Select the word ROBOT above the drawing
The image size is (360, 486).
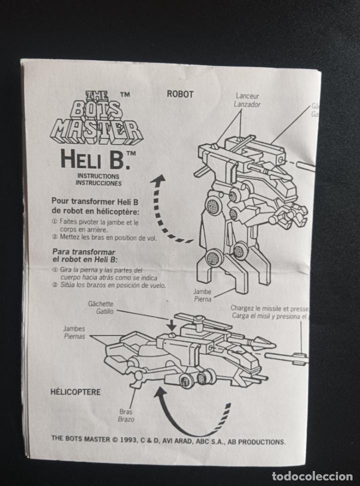point(180,94)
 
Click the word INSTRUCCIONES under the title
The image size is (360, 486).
point(98,183)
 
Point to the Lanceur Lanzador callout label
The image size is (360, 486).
point(247,101)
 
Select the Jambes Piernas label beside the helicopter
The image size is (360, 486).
point(74,333)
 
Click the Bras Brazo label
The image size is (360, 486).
point(126,415)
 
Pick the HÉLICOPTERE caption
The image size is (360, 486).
point(75,392)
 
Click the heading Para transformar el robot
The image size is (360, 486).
point(84,256)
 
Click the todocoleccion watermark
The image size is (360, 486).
point(309,476)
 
